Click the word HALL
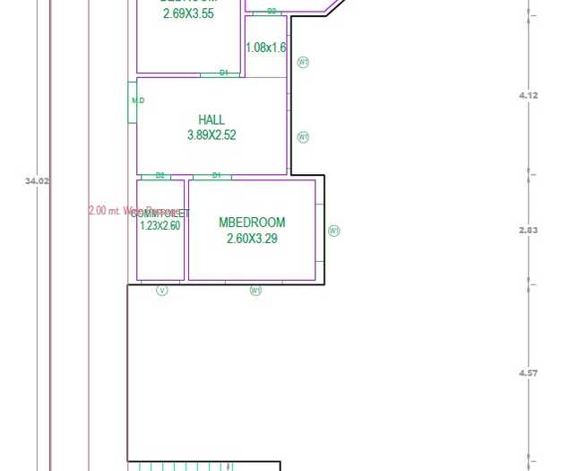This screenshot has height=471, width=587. coord(211,119)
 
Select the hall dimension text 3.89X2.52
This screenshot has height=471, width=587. coord(211,135)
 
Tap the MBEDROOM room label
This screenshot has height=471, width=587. coord(252,222)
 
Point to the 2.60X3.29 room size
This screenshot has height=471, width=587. coord(252,239)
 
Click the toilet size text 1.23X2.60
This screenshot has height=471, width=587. coord(160,226)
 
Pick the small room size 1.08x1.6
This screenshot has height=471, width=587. coord(265,48)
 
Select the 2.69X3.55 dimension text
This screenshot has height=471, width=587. coord(188,13)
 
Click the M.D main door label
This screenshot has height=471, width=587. coord(137,100)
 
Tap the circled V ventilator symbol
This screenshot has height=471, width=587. coord(162,290)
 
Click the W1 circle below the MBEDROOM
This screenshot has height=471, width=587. coord(255,290)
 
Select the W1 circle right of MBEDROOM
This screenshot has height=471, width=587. coord(334,231)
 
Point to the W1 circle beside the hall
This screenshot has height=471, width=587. coord(303,137)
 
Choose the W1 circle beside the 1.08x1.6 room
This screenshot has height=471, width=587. coord(303,63)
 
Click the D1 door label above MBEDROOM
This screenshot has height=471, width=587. coord(216,176)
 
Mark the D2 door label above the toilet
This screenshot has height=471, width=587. coord(160,176)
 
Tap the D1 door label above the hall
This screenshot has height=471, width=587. coord(224,73)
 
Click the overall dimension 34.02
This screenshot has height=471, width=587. coord(37,180)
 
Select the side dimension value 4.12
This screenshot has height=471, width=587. coord(529,95)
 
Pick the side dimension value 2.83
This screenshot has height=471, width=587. coord(529,231)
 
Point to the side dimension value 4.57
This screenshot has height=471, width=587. coord(529,372)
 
